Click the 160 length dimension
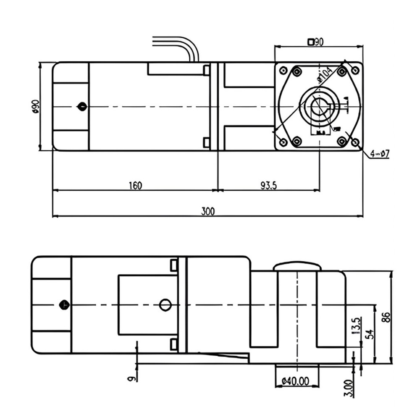pyautogui.click(x=135, y=185)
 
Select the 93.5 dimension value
pyautogui.click(x=268, y=185)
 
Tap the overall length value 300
pyautogui.click(x=207, y=211)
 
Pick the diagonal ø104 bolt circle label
pyautogui.click(x=324, y=75)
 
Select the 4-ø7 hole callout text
pyautogui.click(x=381, y=154)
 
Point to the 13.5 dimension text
pyautogui.click(x=356, y=326)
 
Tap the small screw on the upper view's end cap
pyautogui.click(x=82, y=107)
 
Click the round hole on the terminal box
pyautogui.click(x=165, y=305)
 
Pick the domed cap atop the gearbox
pyautogui.click(x=297, y=266)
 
